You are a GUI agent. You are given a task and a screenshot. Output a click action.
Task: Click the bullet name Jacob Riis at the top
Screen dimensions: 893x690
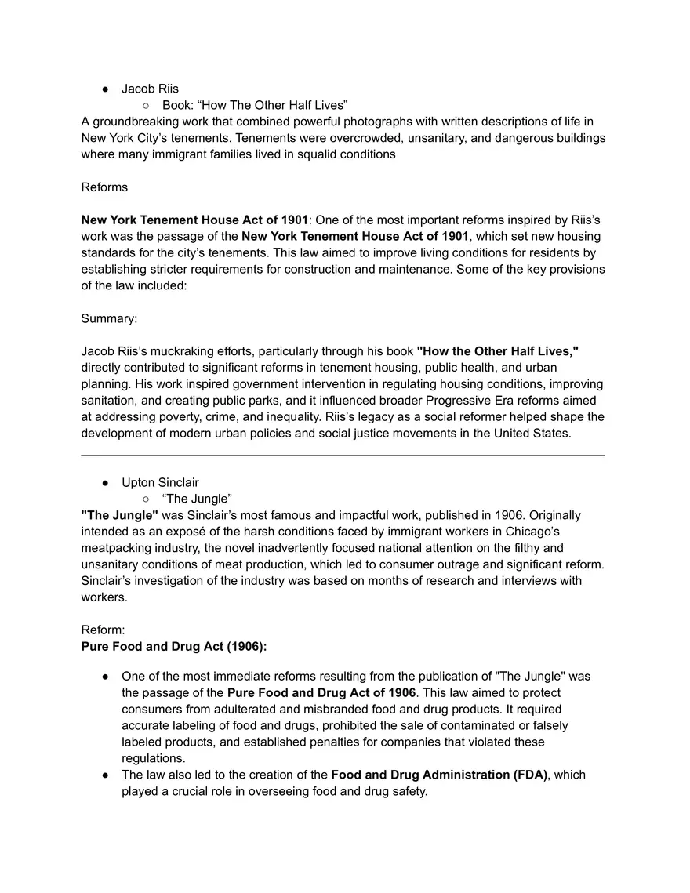[150, 89]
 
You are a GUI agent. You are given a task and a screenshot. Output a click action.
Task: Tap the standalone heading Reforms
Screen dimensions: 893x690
[104, 187]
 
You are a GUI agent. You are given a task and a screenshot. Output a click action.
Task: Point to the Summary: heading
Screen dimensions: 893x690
[109, 319]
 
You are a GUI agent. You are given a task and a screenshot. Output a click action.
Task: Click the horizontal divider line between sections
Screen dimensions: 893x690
[343, 455]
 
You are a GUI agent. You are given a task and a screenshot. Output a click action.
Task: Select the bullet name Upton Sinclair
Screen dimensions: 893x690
[160, 482]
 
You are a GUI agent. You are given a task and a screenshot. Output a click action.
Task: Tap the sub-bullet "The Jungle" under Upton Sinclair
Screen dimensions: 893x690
[197, 499]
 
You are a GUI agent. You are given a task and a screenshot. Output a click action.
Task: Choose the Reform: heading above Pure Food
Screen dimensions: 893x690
[102, 630]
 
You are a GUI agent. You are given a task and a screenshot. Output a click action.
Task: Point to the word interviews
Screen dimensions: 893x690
[514, 581]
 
